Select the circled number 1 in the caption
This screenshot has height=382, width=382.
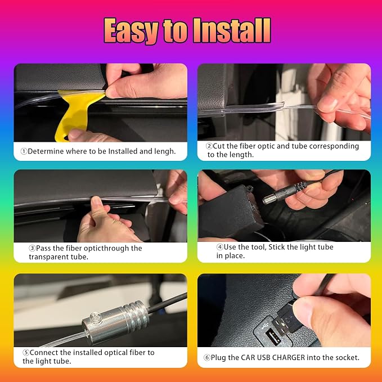click(x=24, y=151)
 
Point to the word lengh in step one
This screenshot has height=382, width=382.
click(x=164, y=151)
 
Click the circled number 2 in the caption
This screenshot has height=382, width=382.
click(x=209, y=146)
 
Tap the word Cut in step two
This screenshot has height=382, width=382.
click(x=218, y=146)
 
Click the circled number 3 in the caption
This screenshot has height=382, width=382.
click(x=32, y=248)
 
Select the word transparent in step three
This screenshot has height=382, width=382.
click(x=49, y=257)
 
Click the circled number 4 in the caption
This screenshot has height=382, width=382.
click(x=220, y=247)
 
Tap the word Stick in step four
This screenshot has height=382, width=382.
click(x=277, y=247)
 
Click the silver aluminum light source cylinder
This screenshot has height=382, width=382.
click(x=115, y=322)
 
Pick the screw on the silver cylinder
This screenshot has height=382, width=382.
click(x=96, y=317)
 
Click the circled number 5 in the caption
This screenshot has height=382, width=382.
click(x=26, y=353)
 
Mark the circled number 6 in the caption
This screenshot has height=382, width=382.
click(x=207, y=358)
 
